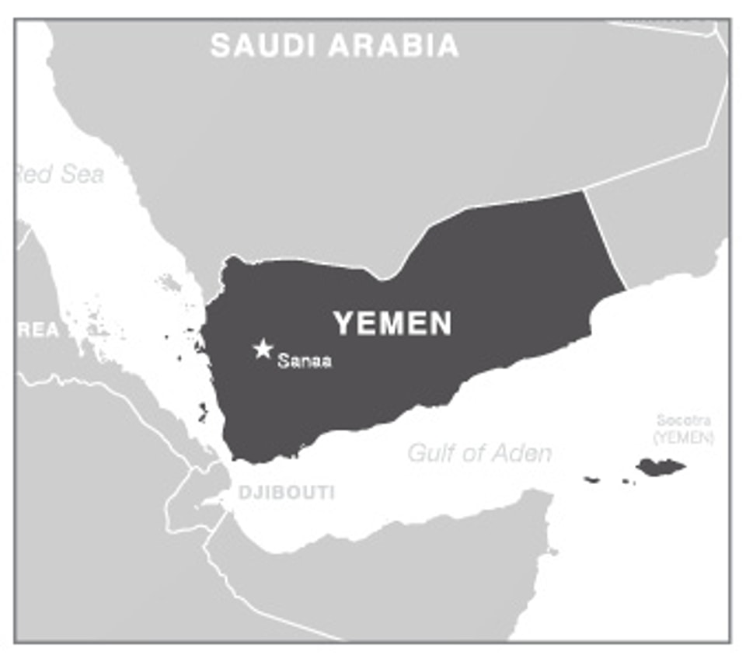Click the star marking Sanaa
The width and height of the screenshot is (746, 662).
[263, 349]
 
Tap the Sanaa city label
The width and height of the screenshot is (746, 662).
[305, 361]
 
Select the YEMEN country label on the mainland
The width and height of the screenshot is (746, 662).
[392, 323]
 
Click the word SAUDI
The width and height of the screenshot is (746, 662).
[263, 46]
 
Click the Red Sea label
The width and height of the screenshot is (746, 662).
[59, 174]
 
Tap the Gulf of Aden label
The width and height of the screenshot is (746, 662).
[479, 452]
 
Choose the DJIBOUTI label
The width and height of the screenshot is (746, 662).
[287, 493]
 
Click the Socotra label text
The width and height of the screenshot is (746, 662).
[683, 421]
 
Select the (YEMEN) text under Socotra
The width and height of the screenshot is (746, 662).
[683, 437]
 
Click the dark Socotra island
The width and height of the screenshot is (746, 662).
[661, 467]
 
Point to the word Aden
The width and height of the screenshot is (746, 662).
[521, 452]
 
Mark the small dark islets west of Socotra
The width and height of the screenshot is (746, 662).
[592, 479]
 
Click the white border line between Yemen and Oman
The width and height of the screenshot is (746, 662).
[605, 239]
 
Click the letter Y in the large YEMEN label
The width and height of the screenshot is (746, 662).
[343, 323]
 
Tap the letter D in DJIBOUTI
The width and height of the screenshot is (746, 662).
[244, 493]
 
